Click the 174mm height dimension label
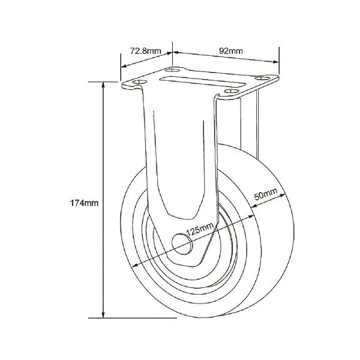(x=84, y=203)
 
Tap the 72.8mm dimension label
(x=146, y=51)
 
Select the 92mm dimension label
(x=231, y=51)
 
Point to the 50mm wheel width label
(x=266, y=194)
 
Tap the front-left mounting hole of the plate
(x=140, y=82)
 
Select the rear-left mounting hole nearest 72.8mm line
(x=173, y=70)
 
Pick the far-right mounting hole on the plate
(x=262, y=78)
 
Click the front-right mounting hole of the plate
(x=232, y=91)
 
